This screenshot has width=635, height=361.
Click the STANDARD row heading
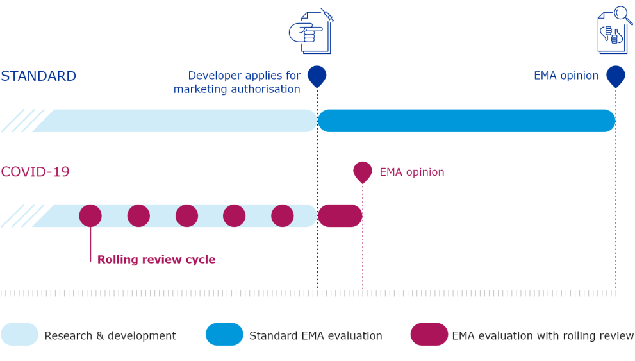click(x=38, y=76)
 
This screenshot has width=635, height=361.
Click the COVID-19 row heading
click(x=35, y=172)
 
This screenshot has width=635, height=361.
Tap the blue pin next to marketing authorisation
click(x=317, y=75)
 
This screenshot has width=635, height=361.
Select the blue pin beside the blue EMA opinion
click(x=616, y=75)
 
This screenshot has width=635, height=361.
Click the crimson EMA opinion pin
click(x=363, y=171)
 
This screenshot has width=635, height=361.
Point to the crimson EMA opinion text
click(x=412, y=172)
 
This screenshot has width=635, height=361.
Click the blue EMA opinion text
click(x=566, y=76)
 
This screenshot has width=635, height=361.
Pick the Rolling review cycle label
click(x=156, y=260)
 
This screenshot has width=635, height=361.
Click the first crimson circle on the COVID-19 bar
click(x=90, y=215)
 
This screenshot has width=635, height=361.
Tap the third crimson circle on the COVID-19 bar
click(x=186, y=215)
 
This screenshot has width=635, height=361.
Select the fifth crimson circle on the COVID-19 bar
click(x=283, y=215)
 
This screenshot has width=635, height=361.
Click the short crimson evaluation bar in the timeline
click(x=340, y=215)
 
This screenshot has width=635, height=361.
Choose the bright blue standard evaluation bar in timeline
click(x=466, y=121)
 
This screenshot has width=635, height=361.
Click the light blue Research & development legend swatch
click(x=20, y=335)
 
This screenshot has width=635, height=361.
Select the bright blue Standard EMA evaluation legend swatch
click(x=224, y=335)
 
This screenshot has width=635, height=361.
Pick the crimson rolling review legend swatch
click(x=429, y=335)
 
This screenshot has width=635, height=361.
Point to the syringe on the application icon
click(x=327, y=15)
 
